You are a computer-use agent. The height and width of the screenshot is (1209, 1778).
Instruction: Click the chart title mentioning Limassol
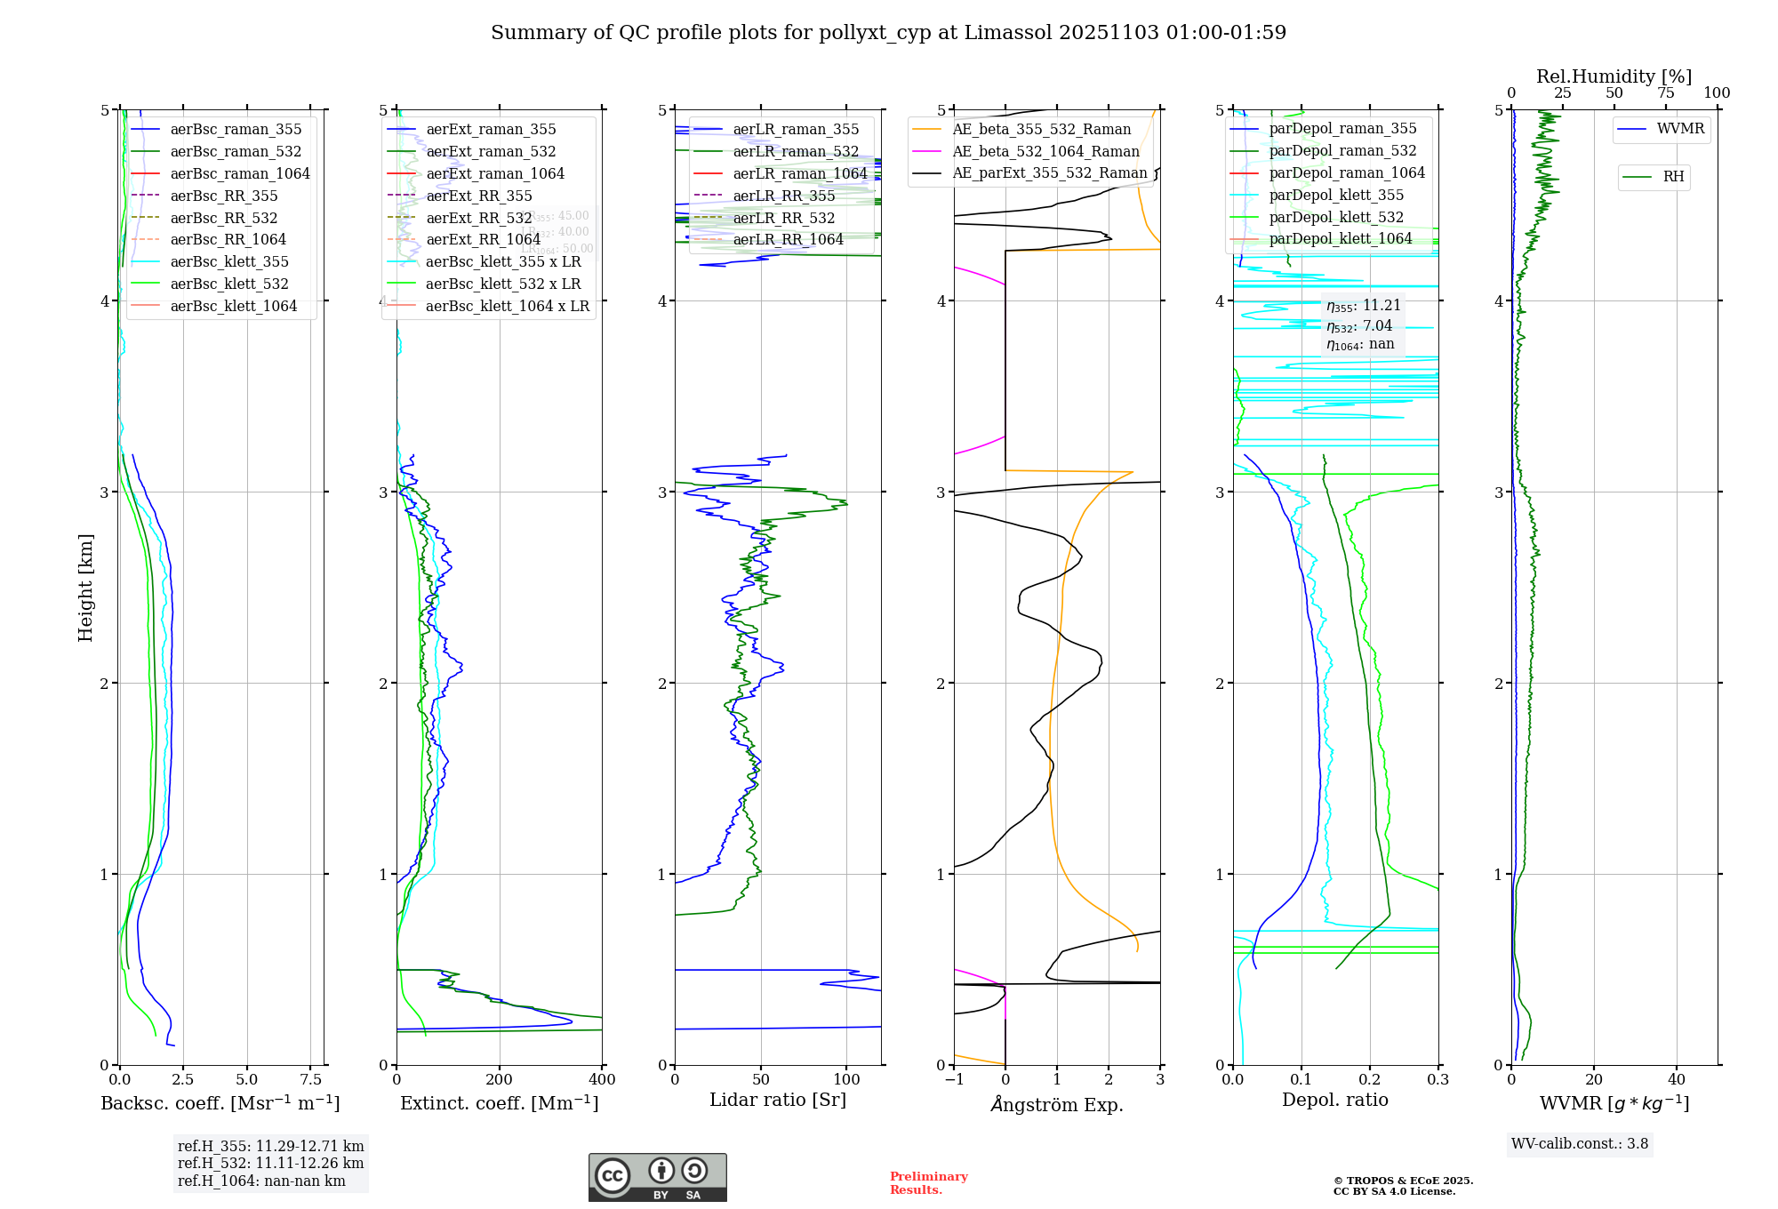click(888, 33)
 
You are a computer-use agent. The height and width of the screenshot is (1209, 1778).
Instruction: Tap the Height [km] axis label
click(85, 588)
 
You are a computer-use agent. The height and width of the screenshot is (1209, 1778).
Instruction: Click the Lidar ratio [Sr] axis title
click(778, 1100)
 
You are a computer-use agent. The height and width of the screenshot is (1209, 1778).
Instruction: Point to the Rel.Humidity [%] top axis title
click(1614, 76)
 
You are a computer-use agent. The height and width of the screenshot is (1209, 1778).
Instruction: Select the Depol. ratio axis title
click(1334, 1100)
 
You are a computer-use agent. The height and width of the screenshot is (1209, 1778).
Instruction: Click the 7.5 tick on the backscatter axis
click(311, 1079)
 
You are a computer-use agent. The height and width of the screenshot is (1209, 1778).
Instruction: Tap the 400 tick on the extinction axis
click(602, 1079)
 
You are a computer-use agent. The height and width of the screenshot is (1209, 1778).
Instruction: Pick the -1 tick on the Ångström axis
click(954, 1079)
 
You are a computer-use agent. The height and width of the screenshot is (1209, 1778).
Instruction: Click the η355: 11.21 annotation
click(1364, 306)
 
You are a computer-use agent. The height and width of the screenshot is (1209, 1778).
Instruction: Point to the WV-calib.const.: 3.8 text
click(1580, 1144)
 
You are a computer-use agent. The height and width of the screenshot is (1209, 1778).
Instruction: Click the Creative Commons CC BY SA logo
click(657, 1177)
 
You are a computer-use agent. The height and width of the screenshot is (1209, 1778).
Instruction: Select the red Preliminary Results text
click(928, 1183)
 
